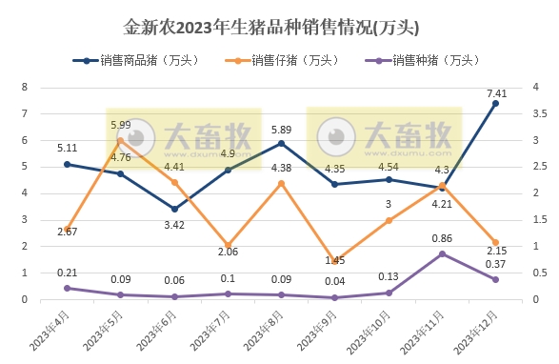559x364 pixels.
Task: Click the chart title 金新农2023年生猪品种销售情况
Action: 279,27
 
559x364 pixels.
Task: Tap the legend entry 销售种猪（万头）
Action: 428,61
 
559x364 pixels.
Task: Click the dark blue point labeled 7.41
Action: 496,103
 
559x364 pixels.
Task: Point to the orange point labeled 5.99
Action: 120,140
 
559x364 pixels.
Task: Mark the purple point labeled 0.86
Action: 442,253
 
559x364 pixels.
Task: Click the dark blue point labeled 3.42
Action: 174,209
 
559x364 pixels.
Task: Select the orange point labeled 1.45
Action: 335,260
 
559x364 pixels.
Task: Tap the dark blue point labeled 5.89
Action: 281,144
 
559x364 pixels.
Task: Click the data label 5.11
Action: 67,148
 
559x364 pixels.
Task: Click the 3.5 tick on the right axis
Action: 539,113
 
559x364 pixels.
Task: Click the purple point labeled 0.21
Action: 67,288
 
